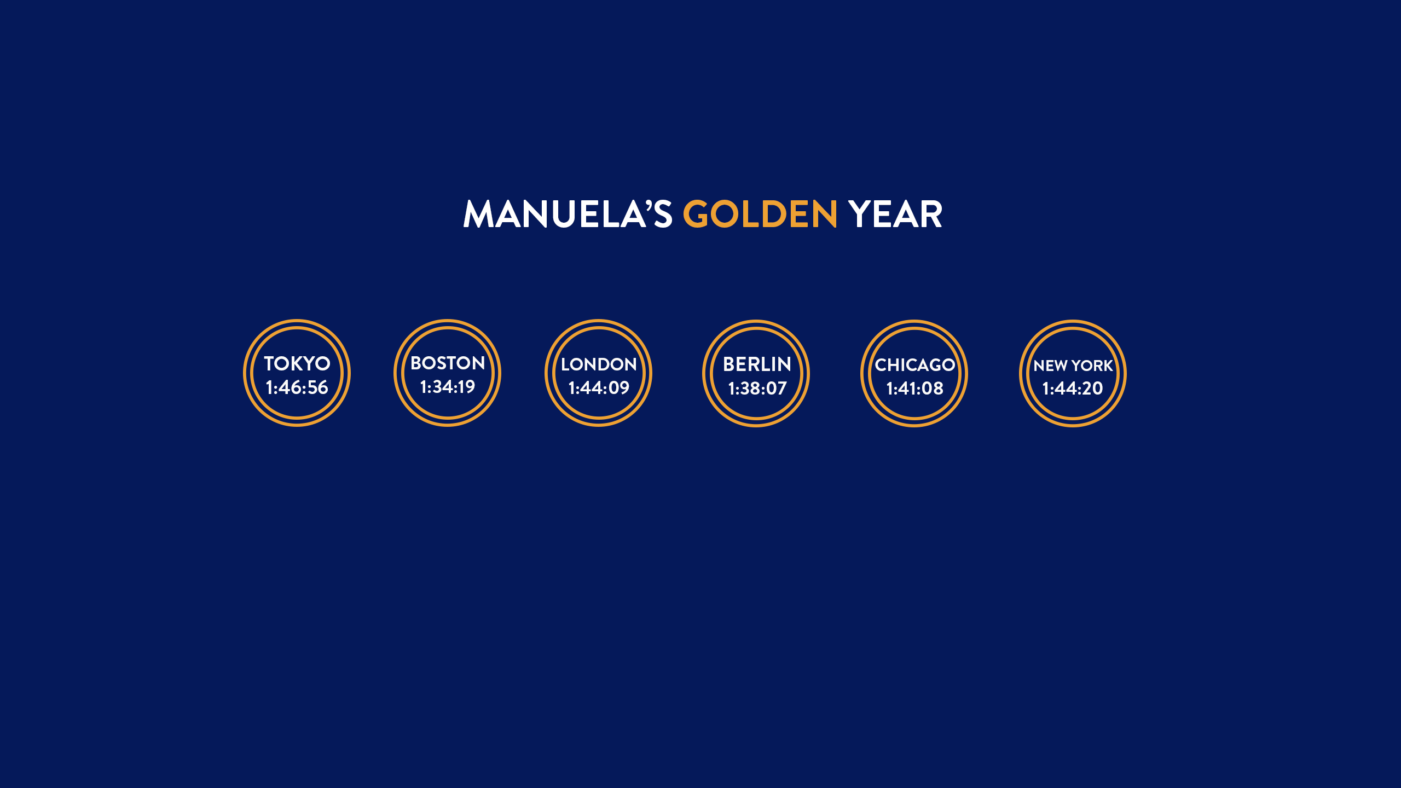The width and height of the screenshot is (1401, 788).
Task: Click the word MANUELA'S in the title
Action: tap(568, 213)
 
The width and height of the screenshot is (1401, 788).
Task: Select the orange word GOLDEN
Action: tap(760, 213)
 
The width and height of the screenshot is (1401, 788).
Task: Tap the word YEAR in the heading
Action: tap(895, 213)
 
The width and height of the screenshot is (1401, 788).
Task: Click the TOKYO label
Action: tap(297, 363)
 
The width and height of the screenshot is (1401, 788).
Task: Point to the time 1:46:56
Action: tap(297, 387)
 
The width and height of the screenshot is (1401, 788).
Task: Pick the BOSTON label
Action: tap(448, 363)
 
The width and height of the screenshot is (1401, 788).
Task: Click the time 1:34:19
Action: tap(448, 387)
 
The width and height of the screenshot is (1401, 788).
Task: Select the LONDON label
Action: tap(599, 364)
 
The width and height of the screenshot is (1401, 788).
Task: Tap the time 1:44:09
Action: tap(599, 388)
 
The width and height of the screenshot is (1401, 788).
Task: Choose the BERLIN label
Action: tap(757, 364)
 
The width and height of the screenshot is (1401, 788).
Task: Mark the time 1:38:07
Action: tap(757, 389)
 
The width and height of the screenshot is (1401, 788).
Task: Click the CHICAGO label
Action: tap(914, 365)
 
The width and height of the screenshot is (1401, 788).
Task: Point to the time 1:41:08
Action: tap(914, 389)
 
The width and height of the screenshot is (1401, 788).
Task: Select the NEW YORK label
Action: tap(1073, 366)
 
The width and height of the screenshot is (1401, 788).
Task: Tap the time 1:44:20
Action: tap(1073, 389)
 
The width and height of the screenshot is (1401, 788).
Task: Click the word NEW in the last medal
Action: tap(1050, 366)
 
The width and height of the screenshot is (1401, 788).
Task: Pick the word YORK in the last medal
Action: tap(1092, 366)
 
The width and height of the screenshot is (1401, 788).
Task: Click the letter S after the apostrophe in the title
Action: tap(663, 214)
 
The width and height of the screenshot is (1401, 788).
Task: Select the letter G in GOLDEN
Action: tap(696, 213)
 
